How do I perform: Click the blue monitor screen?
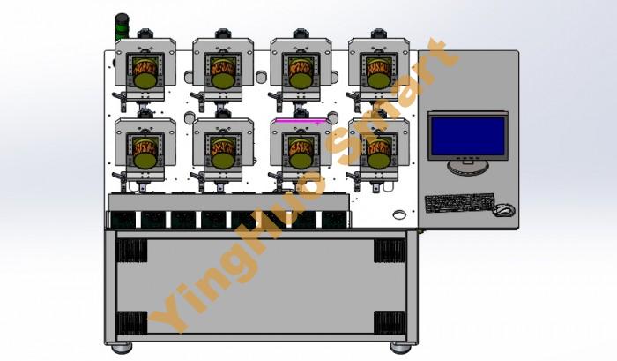click(468, 136)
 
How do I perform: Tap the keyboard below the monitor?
click(459, 203)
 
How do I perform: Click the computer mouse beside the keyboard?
click(503, 210)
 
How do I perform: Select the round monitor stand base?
click(468, 167)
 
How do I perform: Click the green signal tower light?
click(122, 26)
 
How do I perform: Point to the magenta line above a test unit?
click(301, 121)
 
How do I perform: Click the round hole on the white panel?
click(400, 214)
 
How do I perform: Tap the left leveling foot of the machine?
click(122, 348)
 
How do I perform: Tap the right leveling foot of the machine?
click(400, 348)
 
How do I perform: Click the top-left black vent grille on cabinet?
click(131, 251)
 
